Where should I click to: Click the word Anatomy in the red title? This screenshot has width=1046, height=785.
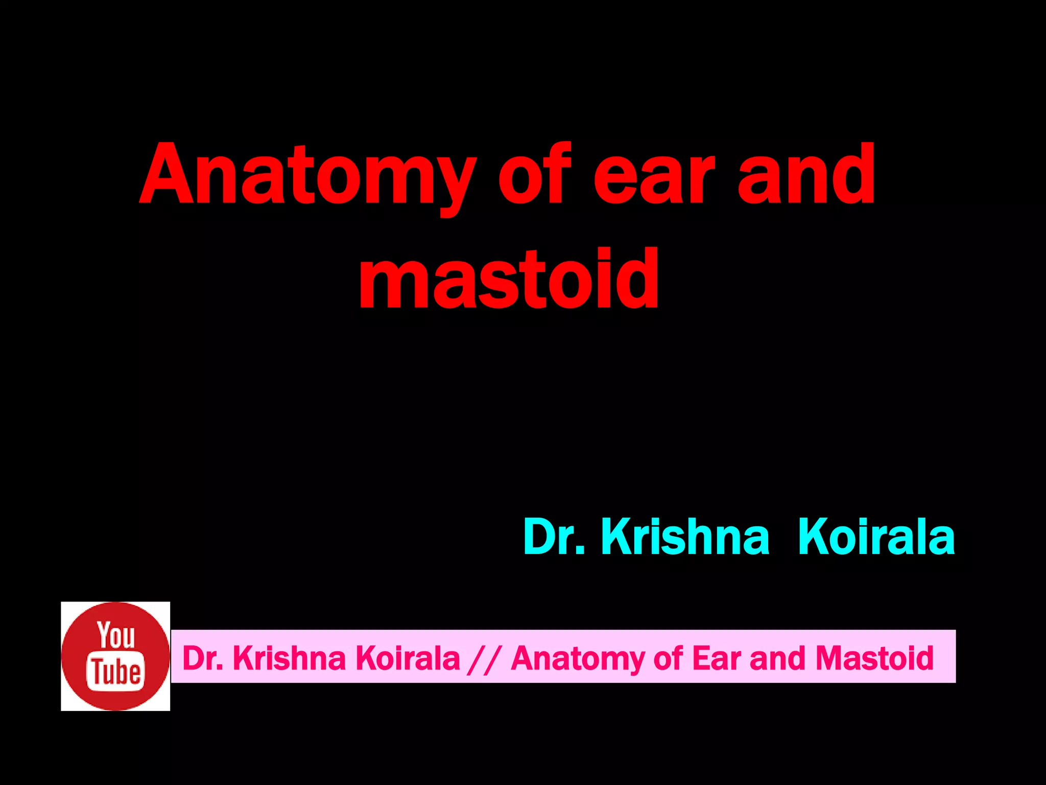click(306, 176)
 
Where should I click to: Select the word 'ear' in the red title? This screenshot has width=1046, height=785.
click(659, 176)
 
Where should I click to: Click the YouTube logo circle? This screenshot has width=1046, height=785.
click(115, 656)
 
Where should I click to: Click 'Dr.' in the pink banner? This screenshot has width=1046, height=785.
click(202, 658)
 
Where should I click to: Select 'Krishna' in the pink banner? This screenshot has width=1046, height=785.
click(289, 658)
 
